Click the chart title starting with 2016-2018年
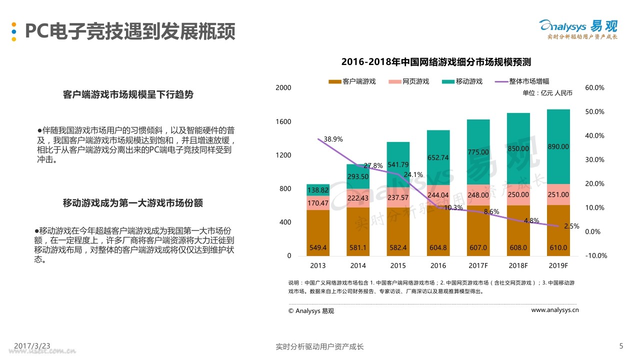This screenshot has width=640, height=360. [x=435, y=62]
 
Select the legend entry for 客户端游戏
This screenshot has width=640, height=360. [x=352, y=81]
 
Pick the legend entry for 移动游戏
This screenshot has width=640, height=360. [x=462, y=81]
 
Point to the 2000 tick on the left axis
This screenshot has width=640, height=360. [x=283, y=87]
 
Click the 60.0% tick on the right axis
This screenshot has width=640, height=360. [x=594, y=87]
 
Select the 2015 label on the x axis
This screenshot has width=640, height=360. [x=398, y=265]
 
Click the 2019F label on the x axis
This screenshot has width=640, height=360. [x=558, y=265]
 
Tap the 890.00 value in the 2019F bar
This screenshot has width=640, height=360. [x=558, y=146]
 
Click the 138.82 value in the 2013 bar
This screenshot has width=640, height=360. [x=318, y=190]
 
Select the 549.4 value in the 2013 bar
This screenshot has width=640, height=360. [x=318, y=247]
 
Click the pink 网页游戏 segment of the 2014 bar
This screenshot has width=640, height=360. [x=358, y=198]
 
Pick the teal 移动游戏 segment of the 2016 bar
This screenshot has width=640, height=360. [x=438, y=157]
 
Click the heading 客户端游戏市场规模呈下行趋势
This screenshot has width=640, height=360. [x=128, y=94]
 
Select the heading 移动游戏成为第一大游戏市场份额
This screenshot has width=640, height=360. [x=132, y=203]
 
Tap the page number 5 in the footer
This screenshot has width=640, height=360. [x=621, y=346]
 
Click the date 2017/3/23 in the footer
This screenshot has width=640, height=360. [x=32, y=346]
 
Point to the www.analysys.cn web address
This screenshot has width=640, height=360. [x=554, y=310]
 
